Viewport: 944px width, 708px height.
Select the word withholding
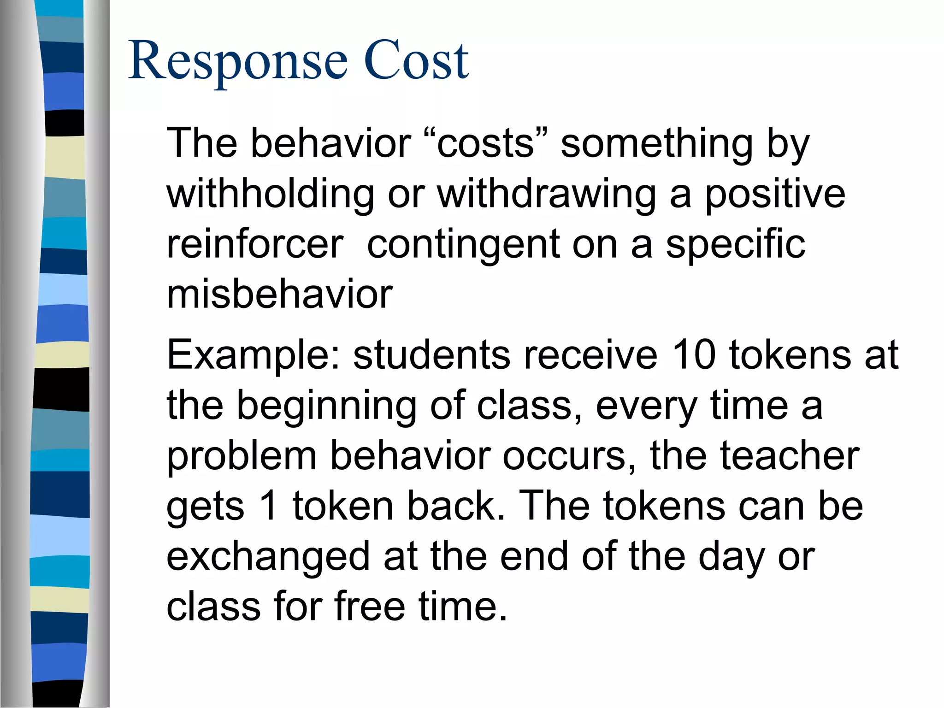click(x=271, y=195)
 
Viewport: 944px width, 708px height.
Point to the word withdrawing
click(x=546, y=195)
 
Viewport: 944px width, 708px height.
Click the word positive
click(x=775, y=195)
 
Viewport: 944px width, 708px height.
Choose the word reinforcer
click(x=255, y=244)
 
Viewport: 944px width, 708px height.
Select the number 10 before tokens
click(x=694, y=355)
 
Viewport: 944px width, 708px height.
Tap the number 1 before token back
click(x=268, y=506)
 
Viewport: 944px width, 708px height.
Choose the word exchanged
click(x=268, y=557)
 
